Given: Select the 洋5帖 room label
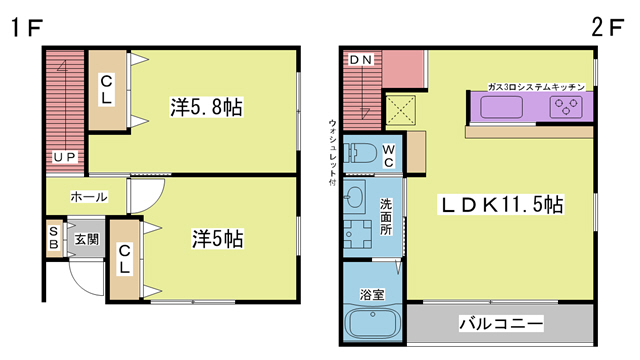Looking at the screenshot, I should (x=217, y=240).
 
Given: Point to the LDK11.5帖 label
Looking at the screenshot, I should (x=502, y=205).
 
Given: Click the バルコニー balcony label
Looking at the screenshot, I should (x=502, y=325).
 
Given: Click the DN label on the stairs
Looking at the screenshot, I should (x=361, y=60).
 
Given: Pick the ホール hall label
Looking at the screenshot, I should (x=88, y=197).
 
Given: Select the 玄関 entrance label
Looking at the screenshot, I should (x=86, y=239).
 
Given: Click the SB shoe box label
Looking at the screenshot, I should (x=53, y=239).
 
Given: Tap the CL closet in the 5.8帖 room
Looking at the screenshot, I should (x=107, y=90).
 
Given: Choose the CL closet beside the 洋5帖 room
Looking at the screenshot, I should (x=124, y=259).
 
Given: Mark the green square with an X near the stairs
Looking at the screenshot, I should (x=403, y=106).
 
